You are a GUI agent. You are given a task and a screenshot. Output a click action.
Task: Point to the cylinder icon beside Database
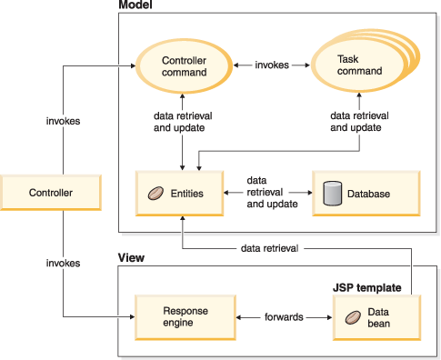coord(333,193)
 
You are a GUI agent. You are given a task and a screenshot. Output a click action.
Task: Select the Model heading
coord(135,7)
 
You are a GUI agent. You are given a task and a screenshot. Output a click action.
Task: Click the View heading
coord(131,258)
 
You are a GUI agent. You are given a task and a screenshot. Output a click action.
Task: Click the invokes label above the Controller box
coord(64,120)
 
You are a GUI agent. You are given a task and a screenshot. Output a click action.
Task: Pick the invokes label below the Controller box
coord(64,263)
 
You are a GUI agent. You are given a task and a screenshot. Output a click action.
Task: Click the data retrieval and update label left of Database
coord(272,194)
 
